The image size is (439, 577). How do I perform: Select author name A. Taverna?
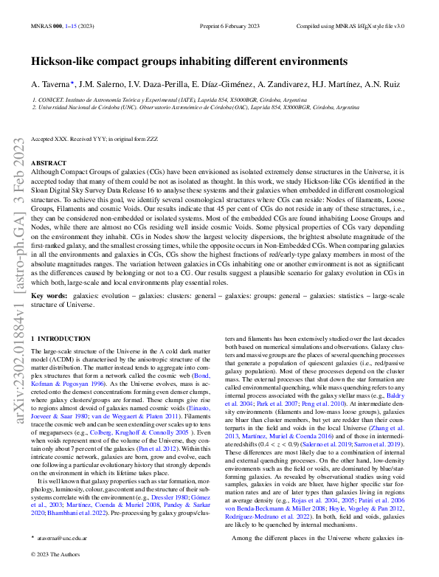click(x=55, y=84)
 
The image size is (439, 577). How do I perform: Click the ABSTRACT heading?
click(x=49, y=162)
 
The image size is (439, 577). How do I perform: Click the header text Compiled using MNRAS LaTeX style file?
click(x=360, y=24)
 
